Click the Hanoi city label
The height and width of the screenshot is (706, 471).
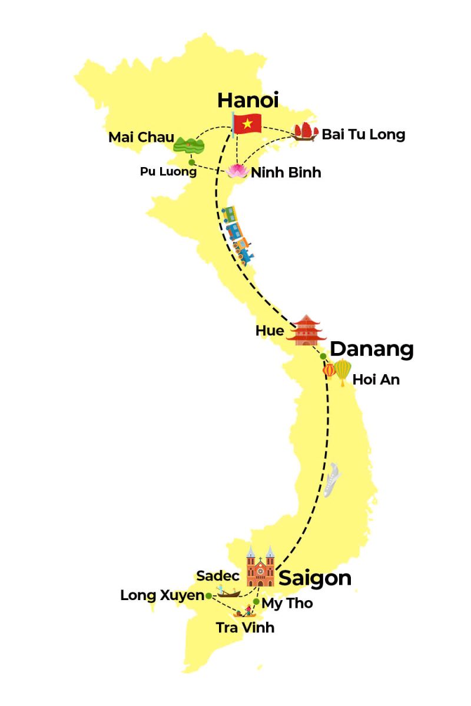click(x=247, y=100)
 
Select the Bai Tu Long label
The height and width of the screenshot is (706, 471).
click(x=363, y=135)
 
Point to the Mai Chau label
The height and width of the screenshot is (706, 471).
click(x=141, y=138)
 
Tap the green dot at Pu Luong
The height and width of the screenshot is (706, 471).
click(x=191, y=162)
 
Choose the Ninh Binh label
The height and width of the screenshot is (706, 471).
click(x=286, y=173)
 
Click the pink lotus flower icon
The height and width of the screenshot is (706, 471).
click(x=238, y=171)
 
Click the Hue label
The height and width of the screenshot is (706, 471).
click(x=270, y=331)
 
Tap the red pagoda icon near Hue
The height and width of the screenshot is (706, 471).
click(x=306, y=330)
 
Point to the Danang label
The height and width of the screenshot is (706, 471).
click(x=372, y=349)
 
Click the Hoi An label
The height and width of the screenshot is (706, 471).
click(x=376, y=380)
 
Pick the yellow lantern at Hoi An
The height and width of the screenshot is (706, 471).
click(x=343, y=372)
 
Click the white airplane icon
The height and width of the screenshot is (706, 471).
click(x=332, y=479)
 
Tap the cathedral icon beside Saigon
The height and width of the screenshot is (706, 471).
click(x=260, y=566)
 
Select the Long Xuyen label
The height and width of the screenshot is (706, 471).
click(x=162, y=595)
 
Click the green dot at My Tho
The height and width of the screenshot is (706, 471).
click(x=256, y=601)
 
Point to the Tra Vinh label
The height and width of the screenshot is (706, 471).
click(x=245, y=628)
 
